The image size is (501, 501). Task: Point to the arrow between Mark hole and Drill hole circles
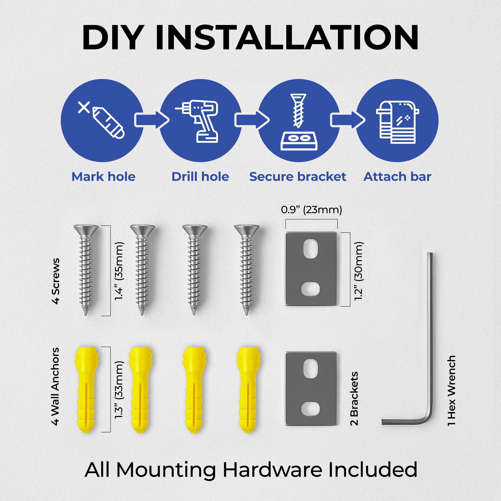pos(152,120)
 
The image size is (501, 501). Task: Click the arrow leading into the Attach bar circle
pos(348,120)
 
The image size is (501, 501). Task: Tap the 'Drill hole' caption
pos(200,177)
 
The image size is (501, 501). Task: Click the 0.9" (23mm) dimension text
pos(311,210)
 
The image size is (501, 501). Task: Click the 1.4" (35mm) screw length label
pos(119,271)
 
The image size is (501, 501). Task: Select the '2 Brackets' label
pos(354,399)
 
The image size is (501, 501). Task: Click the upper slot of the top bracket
pos(310,249)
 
